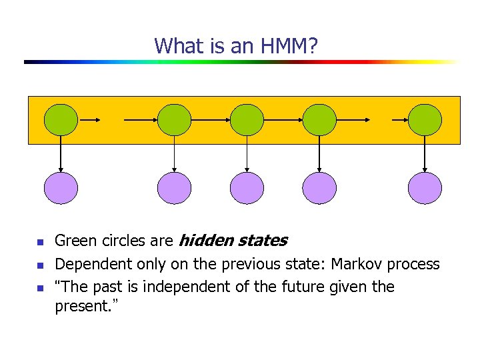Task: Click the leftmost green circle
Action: tap(61, 121)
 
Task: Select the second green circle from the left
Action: tap(175, 121)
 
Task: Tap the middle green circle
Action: tap(247, 121)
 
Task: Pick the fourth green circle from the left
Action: tap(319, 121)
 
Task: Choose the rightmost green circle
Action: tap(425, 121)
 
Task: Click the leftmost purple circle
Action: tap(61, 188)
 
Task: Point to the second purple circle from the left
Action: tap(175, 188)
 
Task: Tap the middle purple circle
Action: tap(247, 188)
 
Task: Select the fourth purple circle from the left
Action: tap(319, 188)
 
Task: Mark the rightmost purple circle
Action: tap(425, 188)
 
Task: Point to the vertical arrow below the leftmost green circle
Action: tap(61, 154)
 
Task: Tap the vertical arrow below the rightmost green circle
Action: tap(425, 154)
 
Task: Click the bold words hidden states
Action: tap(233, 241)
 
